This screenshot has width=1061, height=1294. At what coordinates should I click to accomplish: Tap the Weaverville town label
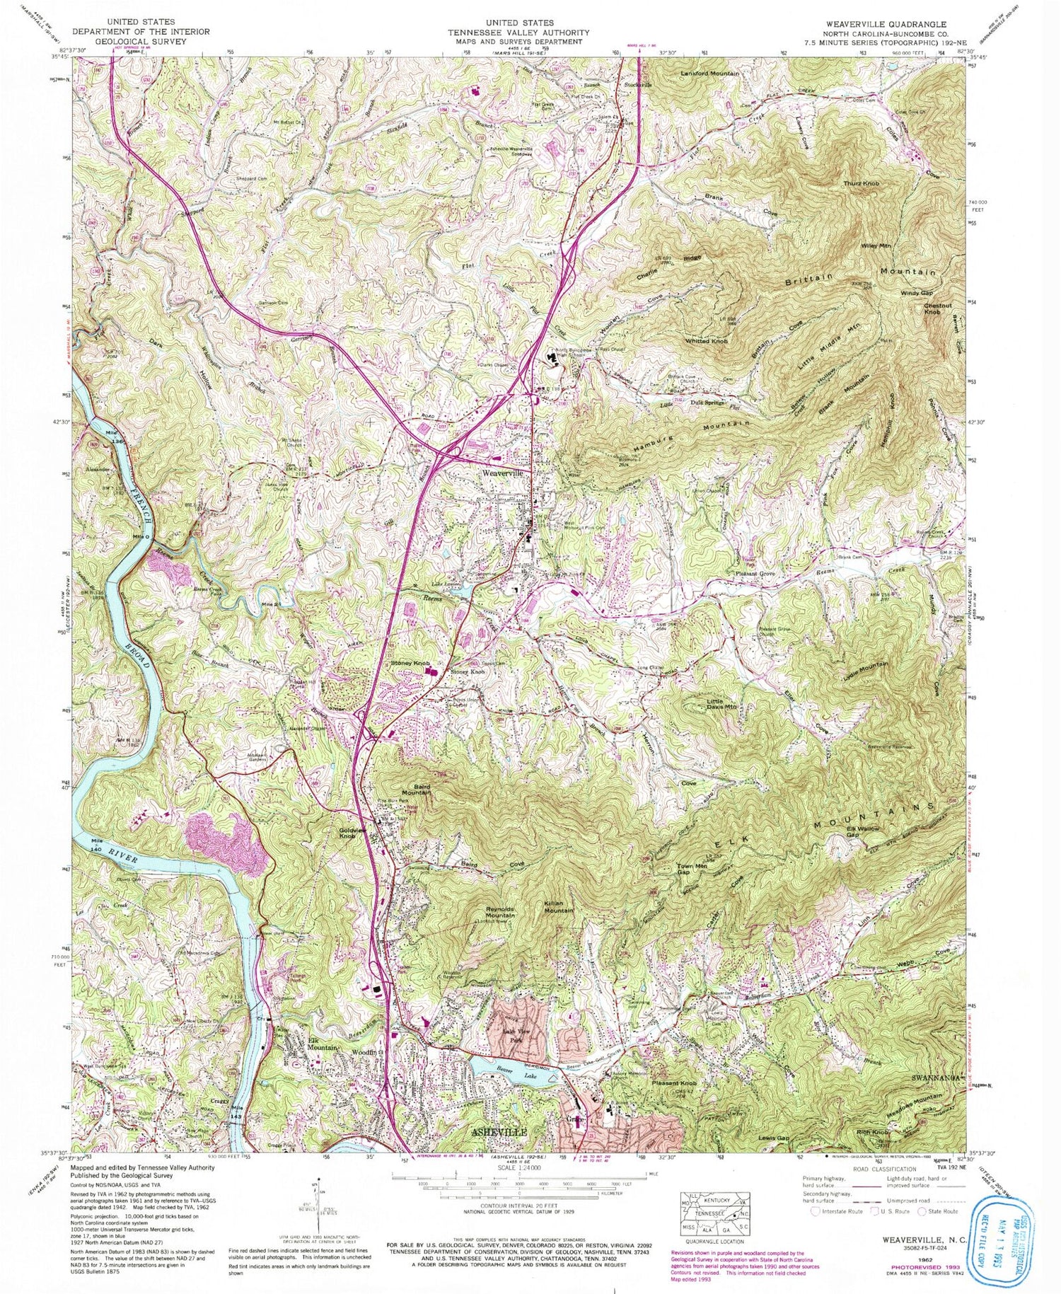(x=503, y=473)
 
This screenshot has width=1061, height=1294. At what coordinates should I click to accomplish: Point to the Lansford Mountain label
(x=709, y=74)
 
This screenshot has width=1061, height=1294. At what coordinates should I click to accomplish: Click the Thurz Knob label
(x=861, y=183)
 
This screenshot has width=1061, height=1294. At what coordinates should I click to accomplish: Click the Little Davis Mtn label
(x=721, y=702)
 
